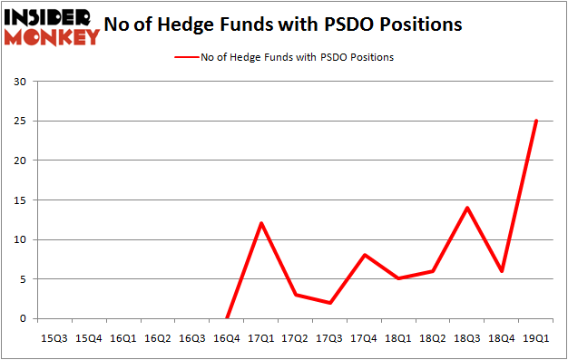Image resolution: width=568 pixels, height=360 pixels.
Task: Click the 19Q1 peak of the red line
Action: click(536, 121)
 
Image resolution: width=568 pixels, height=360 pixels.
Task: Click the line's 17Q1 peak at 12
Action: click(260, 223)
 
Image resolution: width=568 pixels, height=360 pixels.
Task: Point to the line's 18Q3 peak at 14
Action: click(467, 208)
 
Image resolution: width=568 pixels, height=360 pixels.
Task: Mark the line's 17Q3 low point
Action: click(329, 303)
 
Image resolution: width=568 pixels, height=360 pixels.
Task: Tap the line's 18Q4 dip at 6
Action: click(502, 271)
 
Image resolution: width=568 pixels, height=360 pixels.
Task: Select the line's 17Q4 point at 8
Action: click(364, 255)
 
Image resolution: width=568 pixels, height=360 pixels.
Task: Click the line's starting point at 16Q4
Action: click(226, 318)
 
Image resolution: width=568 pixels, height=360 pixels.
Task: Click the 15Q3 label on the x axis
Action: click(54, 337)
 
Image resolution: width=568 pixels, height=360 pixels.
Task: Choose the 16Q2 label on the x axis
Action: click(158, 337)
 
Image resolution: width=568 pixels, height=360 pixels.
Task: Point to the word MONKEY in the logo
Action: click(52, 37)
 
